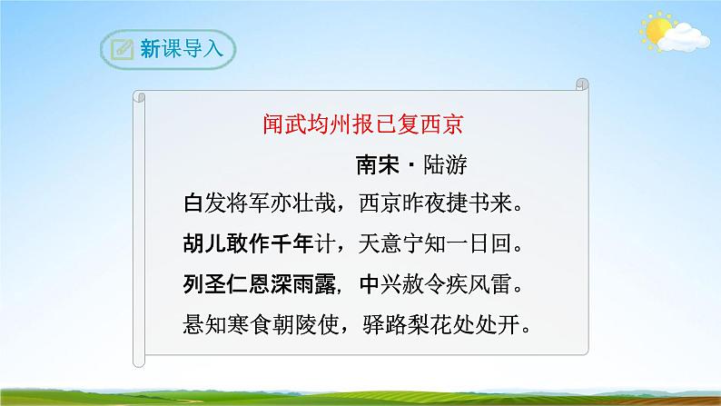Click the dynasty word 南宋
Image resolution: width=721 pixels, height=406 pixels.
pyautogui.click(x=377, y=163)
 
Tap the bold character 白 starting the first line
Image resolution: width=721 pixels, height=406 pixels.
pyautogui.click(x=192, y=202)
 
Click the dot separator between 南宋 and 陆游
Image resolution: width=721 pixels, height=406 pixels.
pyautogui.click(x=410, y=164)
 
